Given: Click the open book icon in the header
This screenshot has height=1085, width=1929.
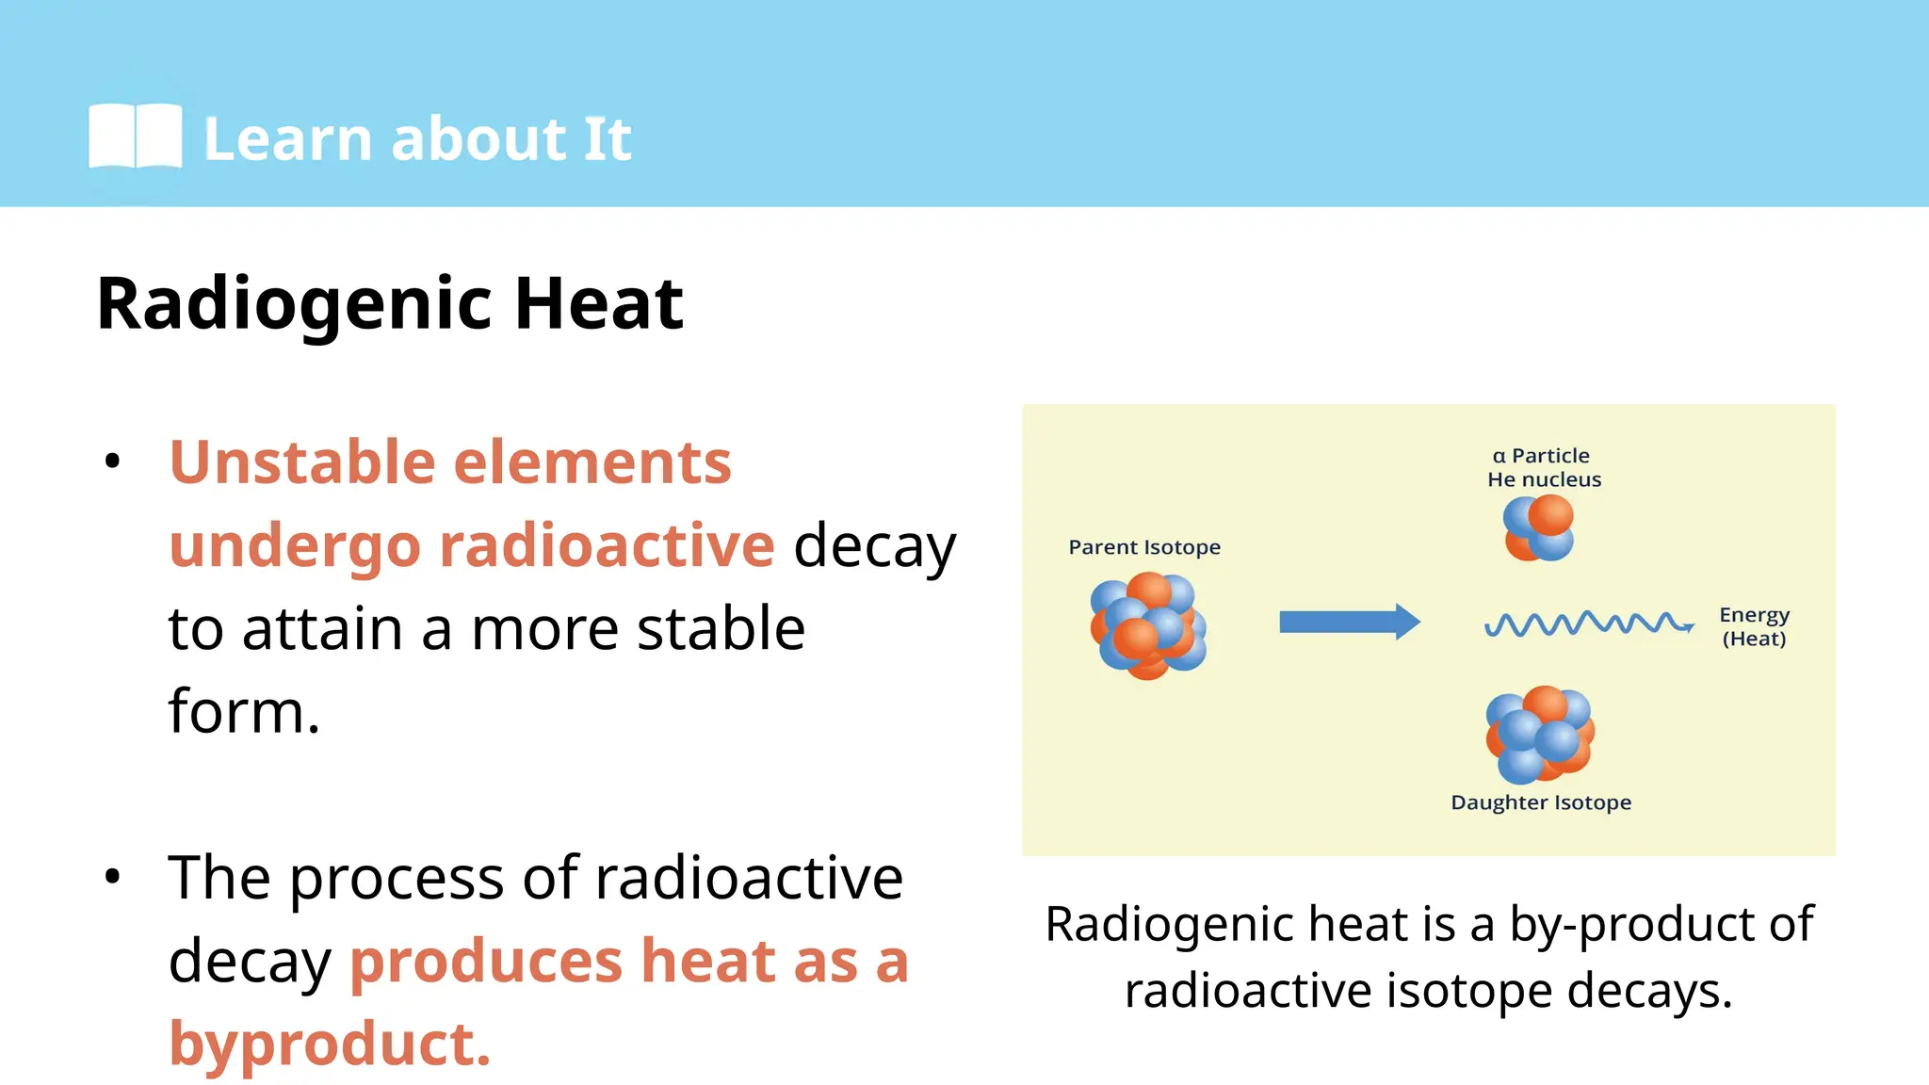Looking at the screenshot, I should coord(135,137).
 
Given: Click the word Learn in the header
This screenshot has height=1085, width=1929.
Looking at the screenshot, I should coord(288,139).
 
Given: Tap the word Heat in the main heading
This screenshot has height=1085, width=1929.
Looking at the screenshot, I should coord(598,304).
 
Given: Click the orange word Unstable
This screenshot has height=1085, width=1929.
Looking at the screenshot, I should coord(302,462).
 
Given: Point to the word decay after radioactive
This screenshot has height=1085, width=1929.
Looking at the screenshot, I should coord(874,546).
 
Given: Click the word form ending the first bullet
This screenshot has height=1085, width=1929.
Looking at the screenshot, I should coord(243,711).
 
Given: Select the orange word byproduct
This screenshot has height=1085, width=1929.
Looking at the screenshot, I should coord(329,1044).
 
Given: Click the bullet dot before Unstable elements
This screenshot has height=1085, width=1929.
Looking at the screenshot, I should coord(113,462).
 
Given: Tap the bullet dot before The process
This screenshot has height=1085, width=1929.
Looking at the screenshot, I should coord(113,877).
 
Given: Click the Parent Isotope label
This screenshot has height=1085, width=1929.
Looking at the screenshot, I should coord(1144,547).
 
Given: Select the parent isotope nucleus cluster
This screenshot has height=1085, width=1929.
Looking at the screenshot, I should coord(1148,625).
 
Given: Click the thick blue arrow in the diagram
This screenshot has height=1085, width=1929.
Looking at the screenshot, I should coord(1349,622).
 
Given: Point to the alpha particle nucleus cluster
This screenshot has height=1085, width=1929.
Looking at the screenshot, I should coord(1539,528).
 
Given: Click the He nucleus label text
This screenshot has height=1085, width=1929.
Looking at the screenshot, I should coord(1544,479).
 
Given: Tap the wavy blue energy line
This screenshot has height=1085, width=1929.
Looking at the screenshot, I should coord(1588,623).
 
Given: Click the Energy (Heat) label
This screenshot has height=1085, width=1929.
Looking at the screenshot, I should coord(1754,626).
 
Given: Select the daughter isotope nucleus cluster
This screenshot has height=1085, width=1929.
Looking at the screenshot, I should coord(1539,735).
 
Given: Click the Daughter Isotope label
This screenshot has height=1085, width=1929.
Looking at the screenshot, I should coord(1541,802).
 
